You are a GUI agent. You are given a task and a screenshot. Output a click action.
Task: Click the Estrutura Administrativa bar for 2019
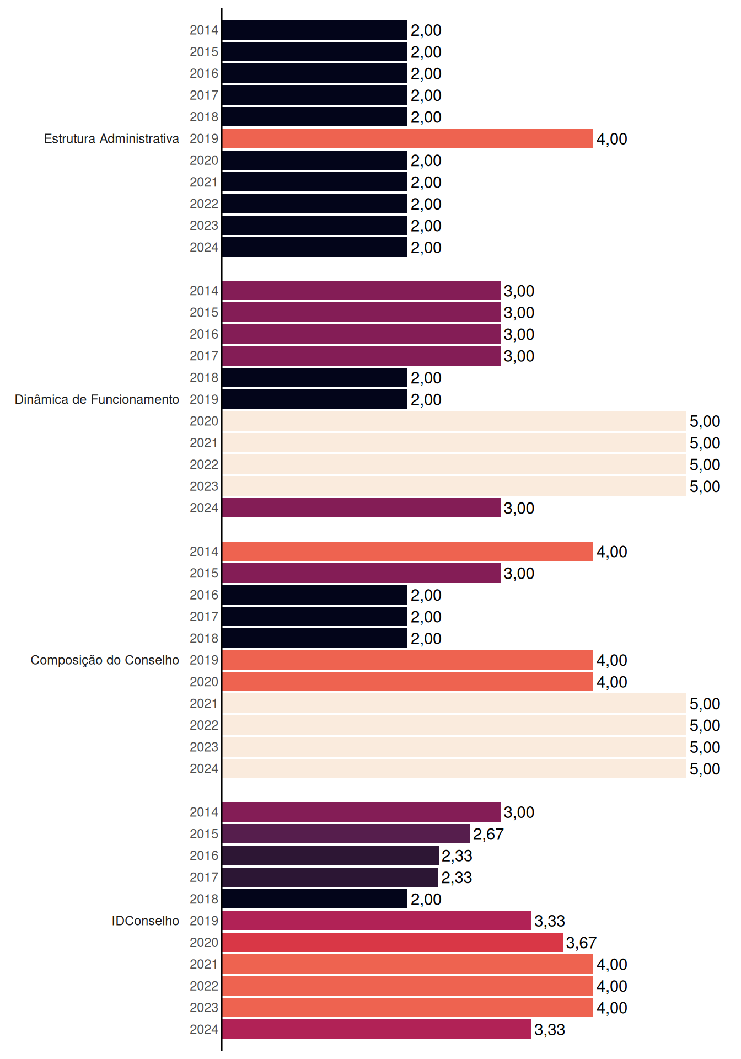pyautogui.click(x=407, y=138)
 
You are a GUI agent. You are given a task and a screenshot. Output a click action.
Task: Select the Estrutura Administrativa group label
pyautogui.click(x=111, y=138)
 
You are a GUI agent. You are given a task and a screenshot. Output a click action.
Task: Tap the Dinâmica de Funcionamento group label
pyautogui.click(x=97, y=399)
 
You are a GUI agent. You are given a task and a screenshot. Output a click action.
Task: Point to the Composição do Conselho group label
pyautogui.click(x=105, y=660)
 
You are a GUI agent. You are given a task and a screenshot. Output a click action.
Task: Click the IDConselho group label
pyautogui.click(x=146, y=921)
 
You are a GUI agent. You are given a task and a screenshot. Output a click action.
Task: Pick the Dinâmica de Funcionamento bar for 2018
pyautogui.click(x=315, y=378)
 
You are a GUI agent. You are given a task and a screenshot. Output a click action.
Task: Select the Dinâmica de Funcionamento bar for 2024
pyautogui.click(x=361, y=508)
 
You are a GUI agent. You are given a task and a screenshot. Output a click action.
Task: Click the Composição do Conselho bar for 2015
pyautogui.click(x=361, y=573)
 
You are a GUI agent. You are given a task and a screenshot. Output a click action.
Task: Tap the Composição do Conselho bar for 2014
pyautogui.click(x=407, y=552)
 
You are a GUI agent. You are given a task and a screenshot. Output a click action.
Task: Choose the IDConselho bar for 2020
pyautogui.click(x=393, y=943)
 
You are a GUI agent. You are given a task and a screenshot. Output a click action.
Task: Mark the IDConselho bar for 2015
pyautogui.click(x=346, y=834)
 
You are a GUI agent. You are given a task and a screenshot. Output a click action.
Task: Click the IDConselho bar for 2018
pyautogui.click(x=315, y=899)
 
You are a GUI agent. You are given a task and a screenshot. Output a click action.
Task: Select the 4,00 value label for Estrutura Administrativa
pyautogui.click(x=612, y=139)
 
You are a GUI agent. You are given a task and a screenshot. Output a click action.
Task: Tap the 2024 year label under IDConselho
pyautogui.click(x=204, y=1029)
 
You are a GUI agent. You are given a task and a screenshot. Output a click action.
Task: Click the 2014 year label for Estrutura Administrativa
pyautogui.click(x=204, y=30)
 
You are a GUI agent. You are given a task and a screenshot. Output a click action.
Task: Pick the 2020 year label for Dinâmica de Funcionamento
pyautogui.click(x=204, y=421)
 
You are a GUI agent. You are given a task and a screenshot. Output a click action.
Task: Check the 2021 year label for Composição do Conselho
pyautogui.click(x=204, y=703)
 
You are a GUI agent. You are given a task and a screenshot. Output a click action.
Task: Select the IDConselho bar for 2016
pyautogui.click(x=330, y=855)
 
